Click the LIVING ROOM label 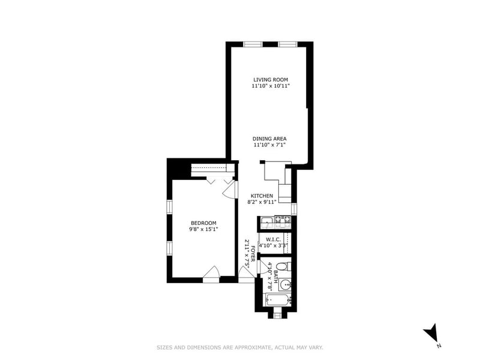pos(271,80)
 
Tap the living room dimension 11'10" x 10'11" pos(271,86)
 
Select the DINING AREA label pos(269,139)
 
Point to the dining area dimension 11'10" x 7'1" pos(269,145)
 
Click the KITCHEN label pos(262,196)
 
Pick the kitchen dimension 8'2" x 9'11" pos(262,202)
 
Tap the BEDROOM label pos(203,223)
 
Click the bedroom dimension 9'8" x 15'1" pos(203,229)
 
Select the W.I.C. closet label pos(273,239)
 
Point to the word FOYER pos(253,253)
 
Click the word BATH pos(275,277)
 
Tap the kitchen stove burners pos(283,219)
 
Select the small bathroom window pos(277,314)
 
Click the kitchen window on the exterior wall pos(294,209)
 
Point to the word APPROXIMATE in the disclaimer pos(253,347)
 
